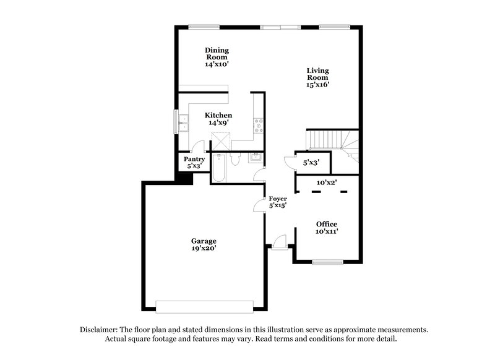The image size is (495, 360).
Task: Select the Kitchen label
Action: [x=218, y=115]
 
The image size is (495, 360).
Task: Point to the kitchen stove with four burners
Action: [x=259, y=126]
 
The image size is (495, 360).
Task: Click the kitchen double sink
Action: [x=183, y=122]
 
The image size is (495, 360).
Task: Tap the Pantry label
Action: [x=194, y=159]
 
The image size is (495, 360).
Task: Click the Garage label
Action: [x=204, y=241]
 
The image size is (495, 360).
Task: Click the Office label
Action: [x=326, y=223]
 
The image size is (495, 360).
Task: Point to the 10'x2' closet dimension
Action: [x=326, y=182]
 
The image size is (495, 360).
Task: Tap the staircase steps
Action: [x=325, y=140]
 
